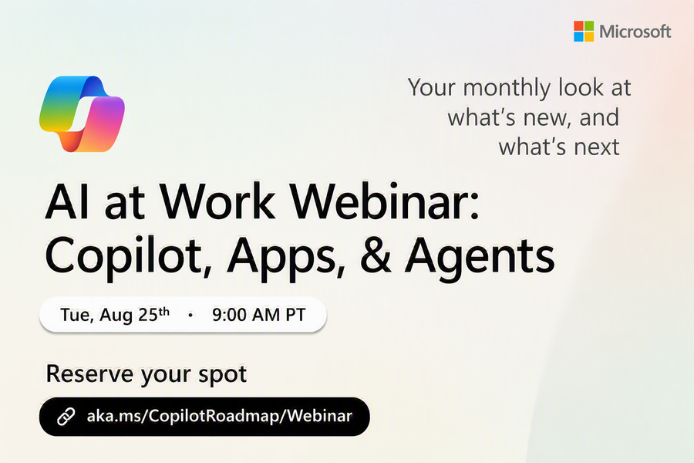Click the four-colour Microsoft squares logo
coord(584,31)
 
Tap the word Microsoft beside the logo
coord(635,32)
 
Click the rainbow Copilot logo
coord(82,114)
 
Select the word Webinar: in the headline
coord(385,202)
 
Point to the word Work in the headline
coord(217,202)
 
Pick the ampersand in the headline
coord(376,255)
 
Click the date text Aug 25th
coord(134,315)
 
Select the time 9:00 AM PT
coord(259,315)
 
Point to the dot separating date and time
coord(190,315)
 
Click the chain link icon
coord(66,417)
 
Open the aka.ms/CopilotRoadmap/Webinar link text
coord(220,416)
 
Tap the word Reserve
coord(90,373)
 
